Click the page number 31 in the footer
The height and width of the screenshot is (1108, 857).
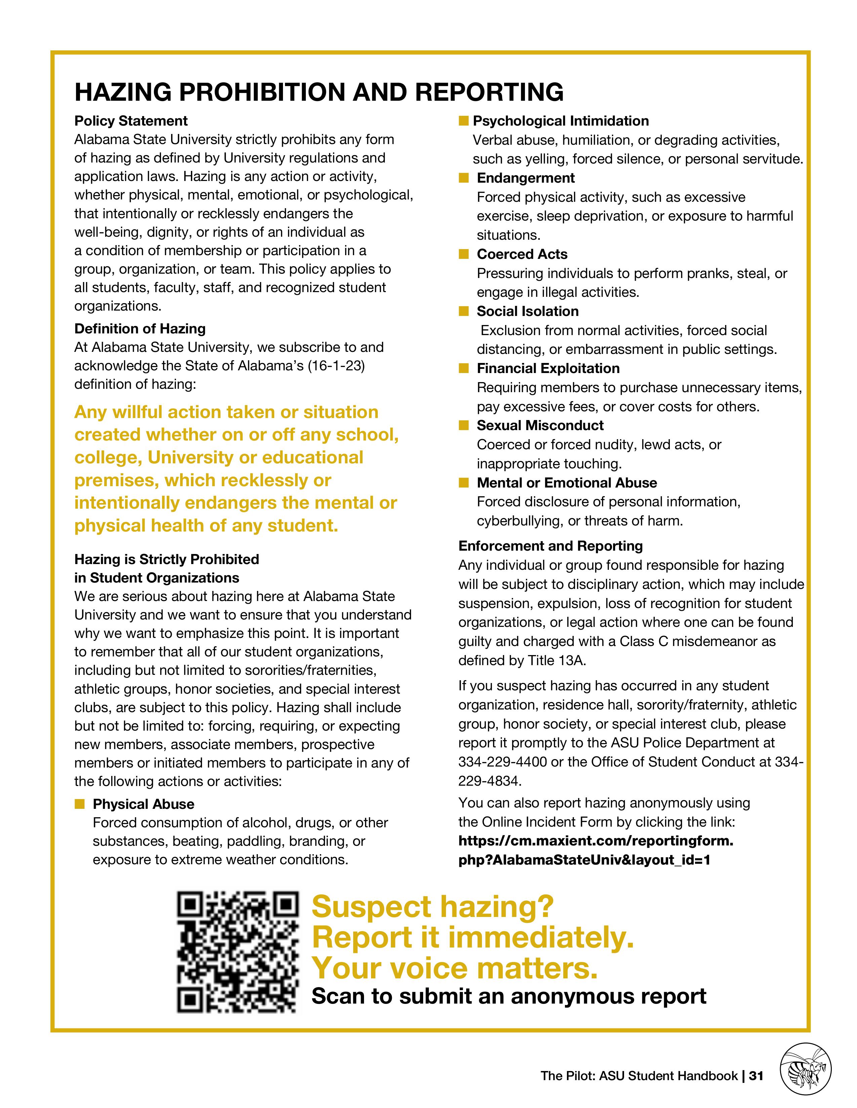click(756, 1075)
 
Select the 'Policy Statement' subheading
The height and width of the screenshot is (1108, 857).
click(131, 121)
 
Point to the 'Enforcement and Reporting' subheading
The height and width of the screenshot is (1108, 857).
click(550, 546)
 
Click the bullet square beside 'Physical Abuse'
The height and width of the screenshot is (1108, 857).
click(79, 804)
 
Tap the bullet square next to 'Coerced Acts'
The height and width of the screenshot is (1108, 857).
click(463, 254)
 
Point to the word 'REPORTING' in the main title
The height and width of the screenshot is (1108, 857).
click(490, 92)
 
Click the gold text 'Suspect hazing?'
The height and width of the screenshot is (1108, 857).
click(433, 906)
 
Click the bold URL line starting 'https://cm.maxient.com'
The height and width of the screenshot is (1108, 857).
click(596, 841)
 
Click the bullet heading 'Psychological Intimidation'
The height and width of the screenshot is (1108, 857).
click(561, 121)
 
